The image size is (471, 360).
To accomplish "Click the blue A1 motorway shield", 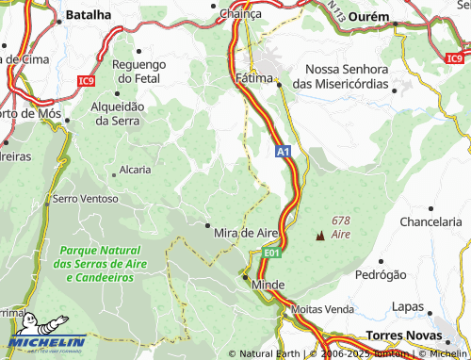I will (x=283, y=151).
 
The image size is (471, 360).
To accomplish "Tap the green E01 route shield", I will (x=271, y=253).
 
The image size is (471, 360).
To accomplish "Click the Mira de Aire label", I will (x=246, y=232).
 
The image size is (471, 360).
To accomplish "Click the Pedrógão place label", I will (x=381, y=275).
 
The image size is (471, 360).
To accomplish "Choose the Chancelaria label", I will (x=432, y=221).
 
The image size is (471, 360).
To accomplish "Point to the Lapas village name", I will (x=408, y=306).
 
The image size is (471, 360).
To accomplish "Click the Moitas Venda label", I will (x=323, y=308).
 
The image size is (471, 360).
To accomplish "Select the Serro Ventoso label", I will (x=86, y=199).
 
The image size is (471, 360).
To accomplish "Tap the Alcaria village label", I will (x=135, y=171).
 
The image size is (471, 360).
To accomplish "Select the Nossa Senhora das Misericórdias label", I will (x=348, y=76).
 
